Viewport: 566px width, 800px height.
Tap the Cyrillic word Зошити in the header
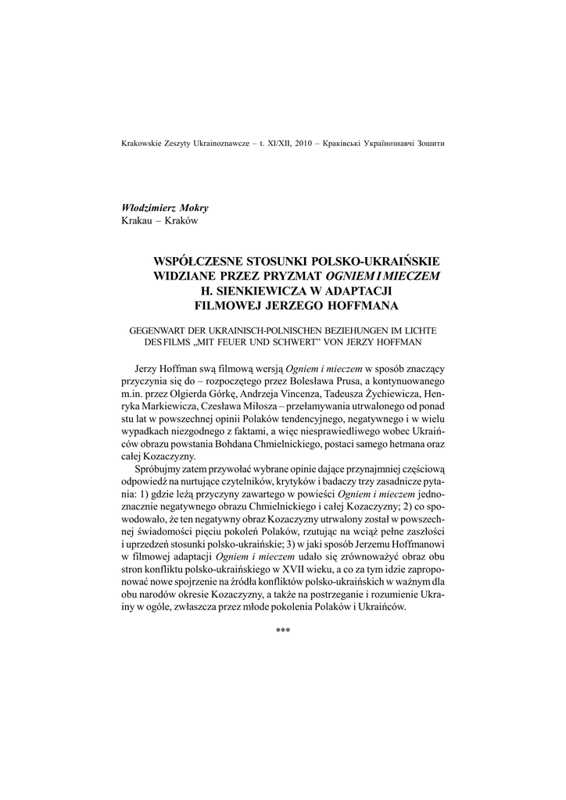pyautogui.click(x=439, y=144)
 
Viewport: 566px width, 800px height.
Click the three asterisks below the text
pyautogui.click(x=283, y=630)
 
